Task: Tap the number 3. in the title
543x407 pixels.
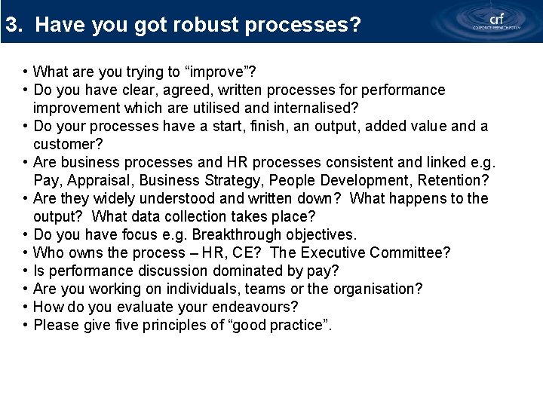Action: point(14,25)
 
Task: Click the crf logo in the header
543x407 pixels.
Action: point(495,20)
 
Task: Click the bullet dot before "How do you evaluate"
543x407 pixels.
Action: point(26,308)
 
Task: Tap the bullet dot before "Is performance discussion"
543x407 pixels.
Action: point(26,271)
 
